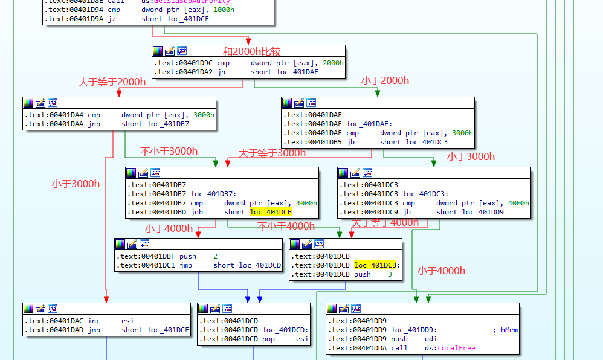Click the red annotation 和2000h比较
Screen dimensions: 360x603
coord(251,52)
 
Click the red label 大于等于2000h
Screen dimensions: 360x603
coord(112,82)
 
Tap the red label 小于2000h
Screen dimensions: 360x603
coord(385,80)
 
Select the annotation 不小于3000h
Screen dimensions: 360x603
coord(169,151)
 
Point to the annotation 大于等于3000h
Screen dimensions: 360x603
coord(272,153)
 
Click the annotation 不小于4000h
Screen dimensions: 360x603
coord(286,226)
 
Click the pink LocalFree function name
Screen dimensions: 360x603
coord(457,348)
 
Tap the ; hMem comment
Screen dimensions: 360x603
coord(505,330)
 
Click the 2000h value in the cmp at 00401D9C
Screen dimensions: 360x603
coord(333,63)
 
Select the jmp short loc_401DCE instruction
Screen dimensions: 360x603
coord(155,330)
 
